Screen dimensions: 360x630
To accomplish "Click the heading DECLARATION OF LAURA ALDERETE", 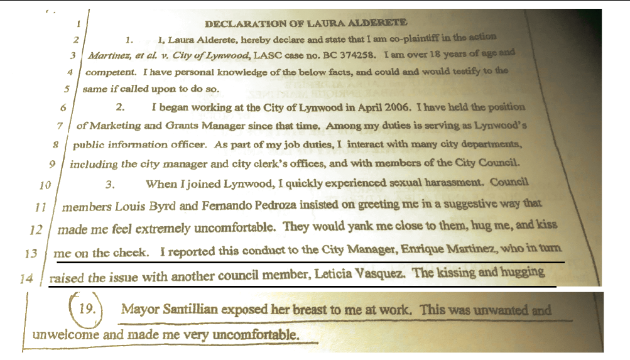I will pos(306,24).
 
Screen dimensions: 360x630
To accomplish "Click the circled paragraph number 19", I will pos(86,308).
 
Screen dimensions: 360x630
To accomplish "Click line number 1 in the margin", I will pos(78,24).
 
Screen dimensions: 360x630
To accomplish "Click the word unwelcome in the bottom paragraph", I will pos(66,334).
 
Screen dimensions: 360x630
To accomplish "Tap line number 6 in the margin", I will pos(63,107).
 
